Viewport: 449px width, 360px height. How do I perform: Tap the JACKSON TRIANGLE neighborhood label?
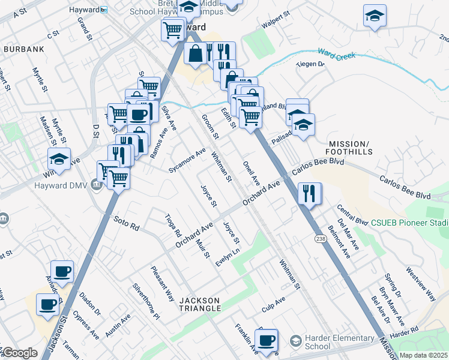[200, 304]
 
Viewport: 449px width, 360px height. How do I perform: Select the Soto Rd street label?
[126, 224]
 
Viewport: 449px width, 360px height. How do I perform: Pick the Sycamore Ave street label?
[187, 160]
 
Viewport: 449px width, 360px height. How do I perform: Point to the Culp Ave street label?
[273, 303]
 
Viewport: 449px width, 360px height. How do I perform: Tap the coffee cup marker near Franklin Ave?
[267, 340]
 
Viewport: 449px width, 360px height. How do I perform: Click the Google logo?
[20, 353]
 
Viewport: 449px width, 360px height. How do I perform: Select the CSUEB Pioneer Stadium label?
[411, 223]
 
